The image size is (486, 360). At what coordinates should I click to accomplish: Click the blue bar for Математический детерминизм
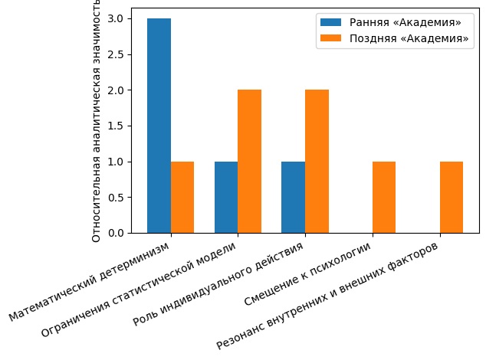(x=159, y=126)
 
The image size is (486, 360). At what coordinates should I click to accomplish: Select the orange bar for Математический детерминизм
(x=182, y=197)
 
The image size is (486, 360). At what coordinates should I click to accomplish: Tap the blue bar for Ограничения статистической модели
(x=226, y=197)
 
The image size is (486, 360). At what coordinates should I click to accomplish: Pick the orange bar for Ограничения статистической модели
(x=249, y=162)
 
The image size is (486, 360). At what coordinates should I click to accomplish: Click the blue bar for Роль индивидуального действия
(x=293, y=197)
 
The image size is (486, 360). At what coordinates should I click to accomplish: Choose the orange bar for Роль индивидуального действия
(x=317, y=162)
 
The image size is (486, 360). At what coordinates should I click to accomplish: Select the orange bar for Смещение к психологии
(x=384, y=197)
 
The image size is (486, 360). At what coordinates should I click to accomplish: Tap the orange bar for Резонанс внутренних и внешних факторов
(x=452, y=197)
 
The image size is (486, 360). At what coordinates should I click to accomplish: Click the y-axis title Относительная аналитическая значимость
(x=97, y=123)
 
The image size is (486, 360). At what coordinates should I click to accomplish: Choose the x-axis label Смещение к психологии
(x=307, y=276)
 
